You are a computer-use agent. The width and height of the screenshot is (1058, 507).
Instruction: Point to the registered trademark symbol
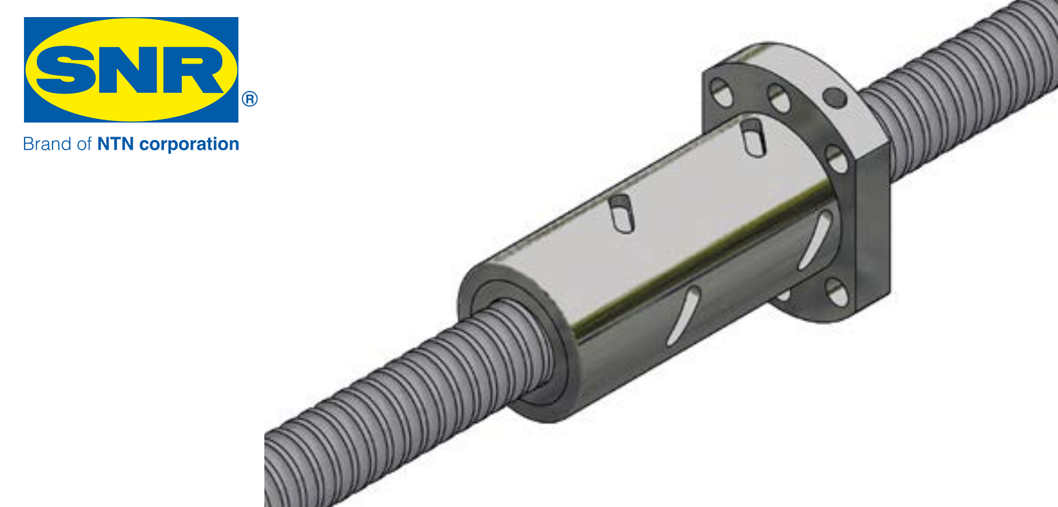click(249, 99)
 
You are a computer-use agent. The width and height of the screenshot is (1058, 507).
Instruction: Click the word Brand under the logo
click(46, 144)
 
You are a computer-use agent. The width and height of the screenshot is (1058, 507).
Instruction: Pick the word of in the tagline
click(83, 144)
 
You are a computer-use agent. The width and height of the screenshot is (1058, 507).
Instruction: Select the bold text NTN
click(116, 144)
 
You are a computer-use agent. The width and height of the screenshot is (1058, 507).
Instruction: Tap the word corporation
click(189, 145)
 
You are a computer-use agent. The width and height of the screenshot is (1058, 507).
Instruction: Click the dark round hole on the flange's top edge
click(835, 98)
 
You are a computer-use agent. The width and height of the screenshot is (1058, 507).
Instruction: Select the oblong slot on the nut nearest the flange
click(753, 138)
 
